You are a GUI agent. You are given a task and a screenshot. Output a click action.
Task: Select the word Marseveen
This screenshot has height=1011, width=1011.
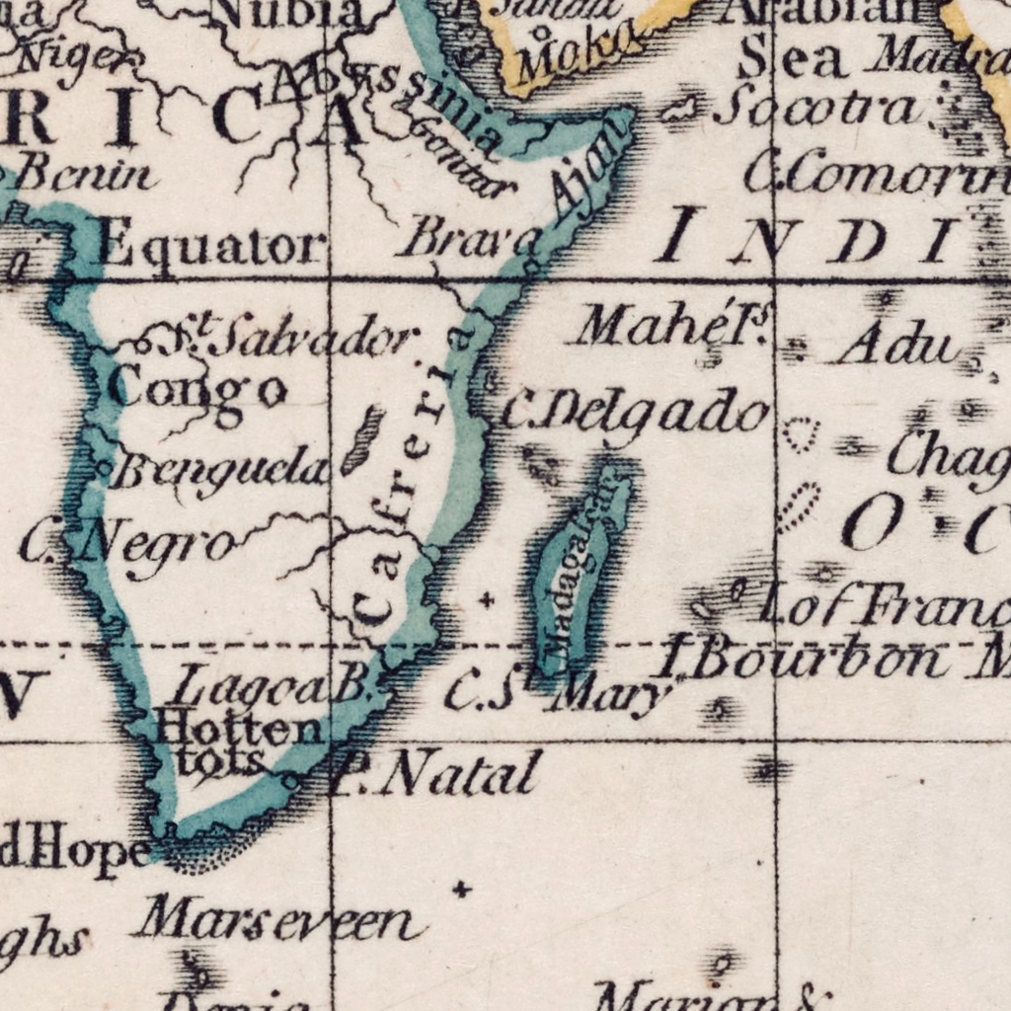coord(279,921)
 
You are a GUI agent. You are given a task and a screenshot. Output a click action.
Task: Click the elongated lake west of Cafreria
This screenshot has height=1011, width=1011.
coord(363,438)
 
